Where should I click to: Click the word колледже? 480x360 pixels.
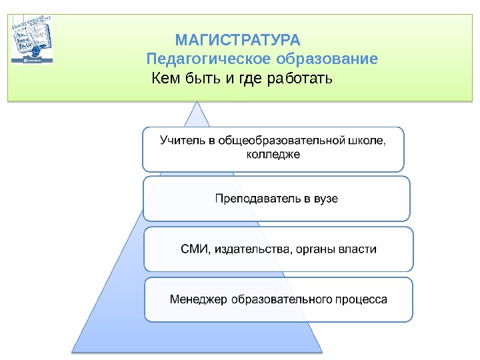(273, 155)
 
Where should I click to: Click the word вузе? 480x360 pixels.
(326, 198)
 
